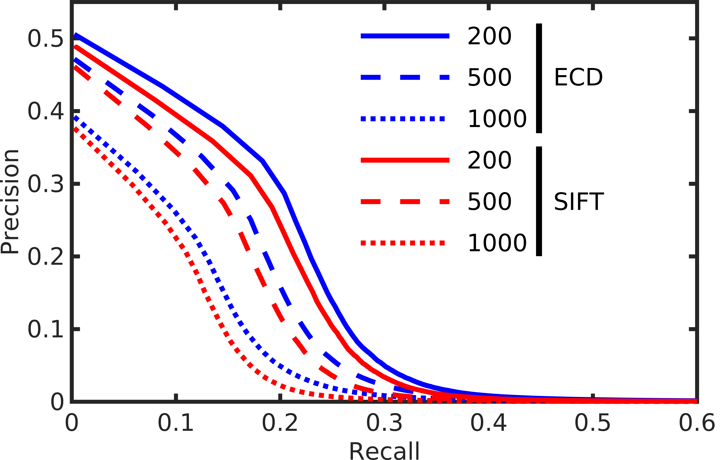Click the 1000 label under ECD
coord(497,119)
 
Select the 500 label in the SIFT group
coord(489,202)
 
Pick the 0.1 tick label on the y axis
coord(45,329)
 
